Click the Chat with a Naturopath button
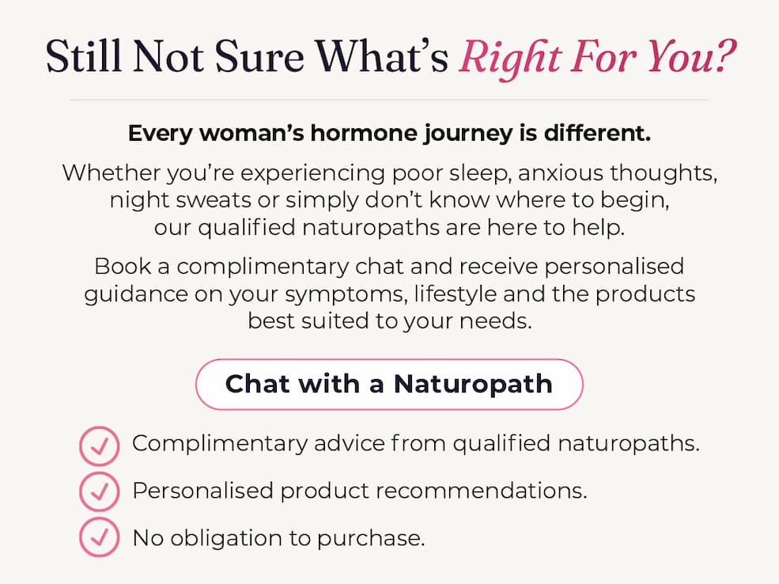[x=389, y=385]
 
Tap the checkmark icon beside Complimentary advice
[x=100, y=446]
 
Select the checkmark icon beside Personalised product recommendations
[x=100, y=491]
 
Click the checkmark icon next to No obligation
[x=100, y=537]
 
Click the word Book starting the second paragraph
[x=123, y=266]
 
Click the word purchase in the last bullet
[x=371, y=539]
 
